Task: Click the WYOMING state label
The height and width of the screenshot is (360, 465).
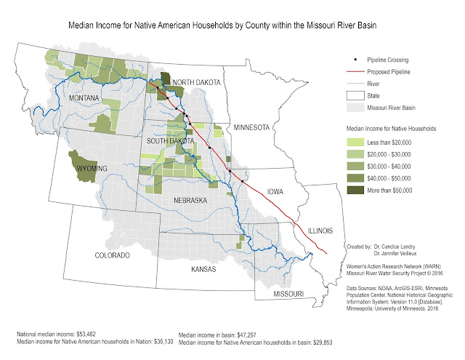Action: (89, 169)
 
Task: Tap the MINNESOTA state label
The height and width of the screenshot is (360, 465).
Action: (251, 128)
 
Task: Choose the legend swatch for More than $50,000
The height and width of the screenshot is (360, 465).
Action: (355, 189)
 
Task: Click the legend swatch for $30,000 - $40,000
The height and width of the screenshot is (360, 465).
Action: (355, 165)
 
